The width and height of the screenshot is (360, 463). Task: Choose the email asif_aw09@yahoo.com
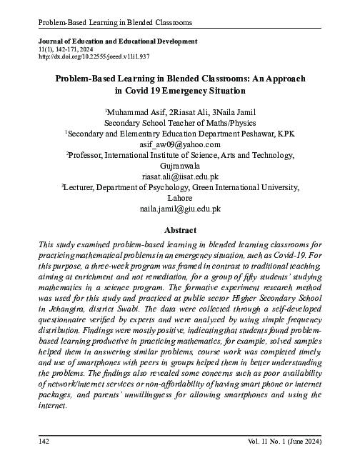179,144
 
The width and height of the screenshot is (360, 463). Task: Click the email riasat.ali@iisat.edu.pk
179,175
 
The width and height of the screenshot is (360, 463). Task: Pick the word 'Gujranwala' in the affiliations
179,165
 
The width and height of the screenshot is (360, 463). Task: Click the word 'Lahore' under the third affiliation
179,198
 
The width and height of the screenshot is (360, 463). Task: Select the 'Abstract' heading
179,231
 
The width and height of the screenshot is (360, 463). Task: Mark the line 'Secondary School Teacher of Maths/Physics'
179,123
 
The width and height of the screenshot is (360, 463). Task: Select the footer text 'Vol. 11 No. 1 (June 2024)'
282,443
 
